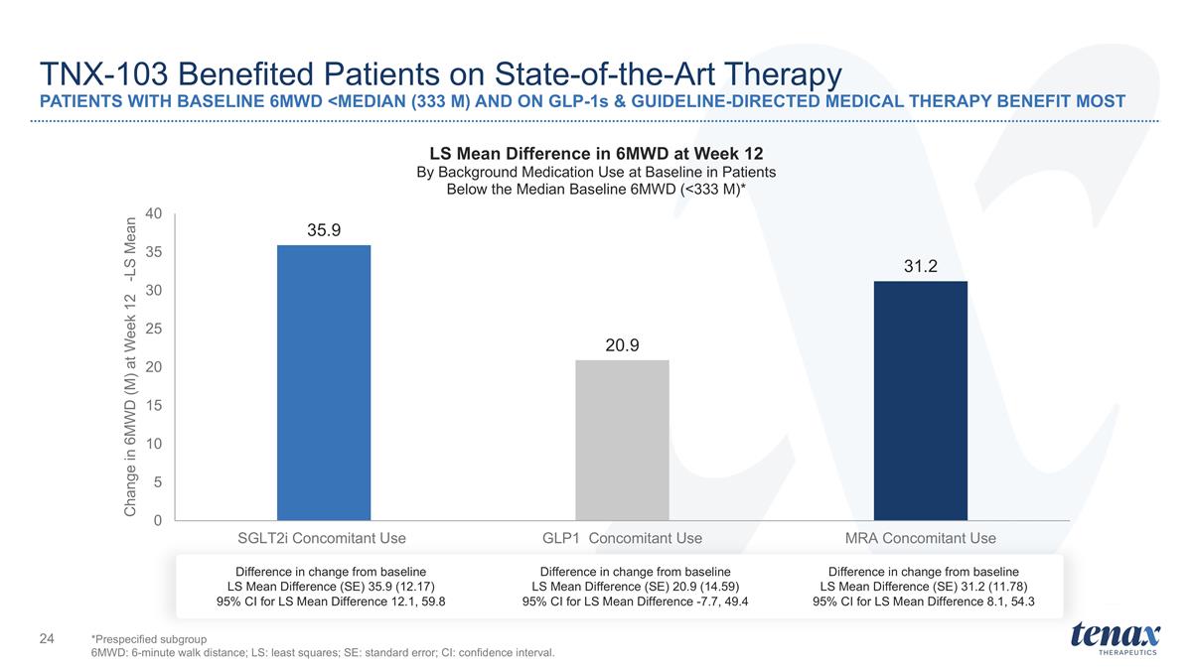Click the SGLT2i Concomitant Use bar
pyautogui.click(x=324, y=382)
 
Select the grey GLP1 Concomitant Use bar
pyautogui.click(x=622, y=441)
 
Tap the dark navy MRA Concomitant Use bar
pyautogui.click(x=921, y=400)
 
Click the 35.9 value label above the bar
pyautogui.click(x=324, y=230)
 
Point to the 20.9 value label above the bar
pyautogui.click(x=622, y=345)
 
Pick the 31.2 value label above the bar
pyautogui.click(x=921, y=266)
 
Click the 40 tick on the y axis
pyautogui.click(x=154, y=213)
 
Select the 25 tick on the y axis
pyautogui.click(x=154, y=329)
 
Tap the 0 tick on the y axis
pyautogui.click(x=158, y=520)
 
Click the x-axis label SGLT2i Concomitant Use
pyautogui.click(x=322, y=538)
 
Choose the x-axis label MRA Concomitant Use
pyautogui.click(x=921, y=538)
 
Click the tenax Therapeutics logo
pyautogui.click(x=1116, y=638)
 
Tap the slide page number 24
pyautogui.click(x=47, y=638)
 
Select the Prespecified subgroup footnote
pyautogui.click(x=149, y=639)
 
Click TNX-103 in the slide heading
pyautogui.click(x=103, y=73)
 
